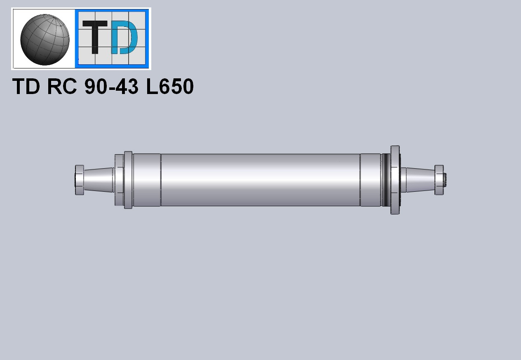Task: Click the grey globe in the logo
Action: (45, 40)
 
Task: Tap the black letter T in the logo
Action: (95, 37)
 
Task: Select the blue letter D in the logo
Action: (124, 37)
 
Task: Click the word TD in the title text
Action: (26, 86)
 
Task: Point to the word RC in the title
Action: (62, 86)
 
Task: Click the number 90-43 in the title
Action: (111, 86)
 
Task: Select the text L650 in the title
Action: (170, 86)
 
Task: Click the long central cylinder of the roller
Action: (260, 180)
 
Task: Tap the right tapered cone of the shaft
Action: (420, 180)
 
